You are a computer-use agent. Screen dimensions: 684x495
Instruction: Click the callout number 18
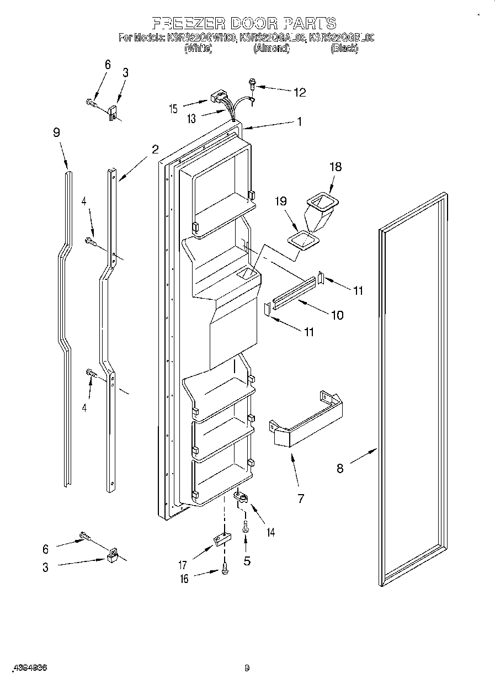pyautogui.click(x=336, y=167)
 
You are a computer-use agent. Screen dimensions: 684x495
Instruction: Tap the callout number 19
pyautogui.click(x=282, y=202)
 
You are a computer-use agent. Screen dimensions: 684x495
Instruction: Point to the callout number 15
pyautogui.click(x=174, y=109)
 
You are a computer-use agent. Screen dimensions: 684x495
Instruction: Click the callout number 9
pyautogui.click(x=56, y=132)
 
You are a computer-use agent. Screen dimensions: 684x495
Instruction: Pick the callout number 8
pyautogui.click(x=340, y=468)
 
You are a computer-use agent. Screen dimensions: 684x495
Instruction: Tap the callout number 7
pyautogui.click(x=300, y=499)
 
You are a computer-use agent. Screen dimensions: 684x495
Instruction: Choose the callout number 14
pyautogui.click(x=270, y=532)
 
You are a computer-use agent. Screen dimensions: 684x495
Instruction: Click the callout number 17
pyautogui.click(x=183, y=565)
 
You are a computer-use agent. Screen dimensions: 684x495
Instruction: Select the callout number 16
pyautogui.click(x=184, y=579)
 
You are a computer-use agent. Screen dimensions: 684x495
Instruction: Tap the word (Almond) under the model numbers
pyautogui.click(x=271, y=49)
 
